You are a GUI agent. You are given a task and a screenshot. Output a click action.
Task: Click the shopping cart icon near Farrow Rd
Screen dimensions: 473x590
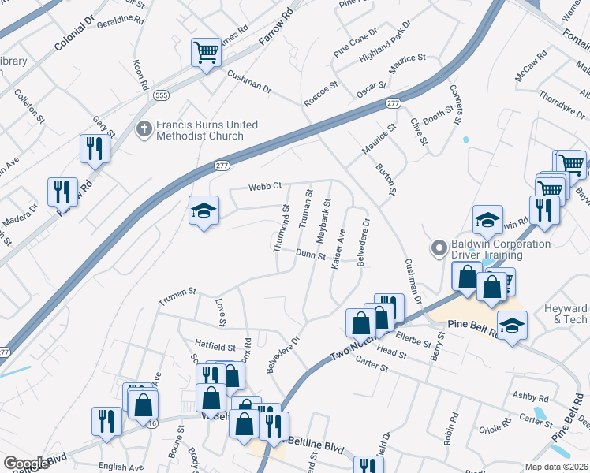click(206, 54)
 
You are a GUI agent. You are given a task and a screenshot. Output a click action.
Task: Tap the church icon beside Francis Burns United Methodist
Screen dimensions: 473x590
click(144, 128)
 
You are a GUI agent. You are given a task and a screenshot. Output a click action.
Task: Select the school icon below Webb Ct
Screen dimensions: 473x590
click(204, 211)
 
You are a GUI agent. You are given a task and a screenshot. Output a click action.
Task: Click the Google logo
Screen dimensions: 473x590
click(26, 464)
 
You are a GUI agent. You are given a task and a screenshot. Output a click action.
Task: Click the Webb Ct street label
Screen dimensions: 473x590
click(265, 187)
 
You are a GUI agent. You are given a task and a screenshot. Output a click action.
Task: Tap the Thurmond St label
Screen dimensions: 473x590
click(280, 229)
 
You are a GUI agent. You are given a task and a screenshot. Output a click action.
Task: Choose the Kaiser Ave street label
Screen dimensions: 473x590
click(338, 249)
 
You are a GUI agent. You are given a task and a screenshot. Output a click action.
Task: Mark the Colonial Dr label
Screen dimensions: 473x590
click(74, 32)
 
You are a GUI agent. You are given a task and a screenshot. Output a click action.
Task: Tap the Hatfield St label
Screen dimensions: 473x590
click(215, 347)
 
